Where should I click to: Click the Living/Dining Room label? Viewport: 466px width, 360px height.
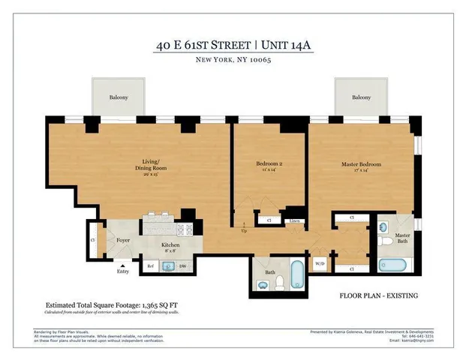coord(155,164)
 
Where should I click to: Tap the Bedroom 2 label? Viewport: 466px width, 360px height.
coord(269,163)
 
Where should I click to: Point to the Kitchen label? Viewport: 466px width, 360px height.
coord(170,246)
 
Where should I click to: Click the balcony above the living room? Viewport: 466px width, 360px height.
coord(117,97)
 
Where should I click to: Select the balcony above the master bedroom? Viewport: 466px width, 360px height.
coord(362,97)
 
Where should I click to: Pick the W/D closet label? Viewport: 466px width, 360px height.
coord(320,264)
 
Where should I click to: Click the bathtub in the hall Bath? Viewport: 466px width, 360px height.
coord(296,274)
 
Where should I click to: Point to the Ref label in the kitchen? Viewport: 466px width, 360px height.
coord(150,265)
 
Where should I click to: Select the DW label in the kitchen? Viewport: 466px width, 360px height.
coord(182,265)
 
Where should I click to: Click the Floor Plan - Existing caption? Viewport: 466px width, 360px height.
coord(378,295)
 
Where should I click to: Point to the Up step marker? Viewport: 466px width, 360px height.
coord(243,229)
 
